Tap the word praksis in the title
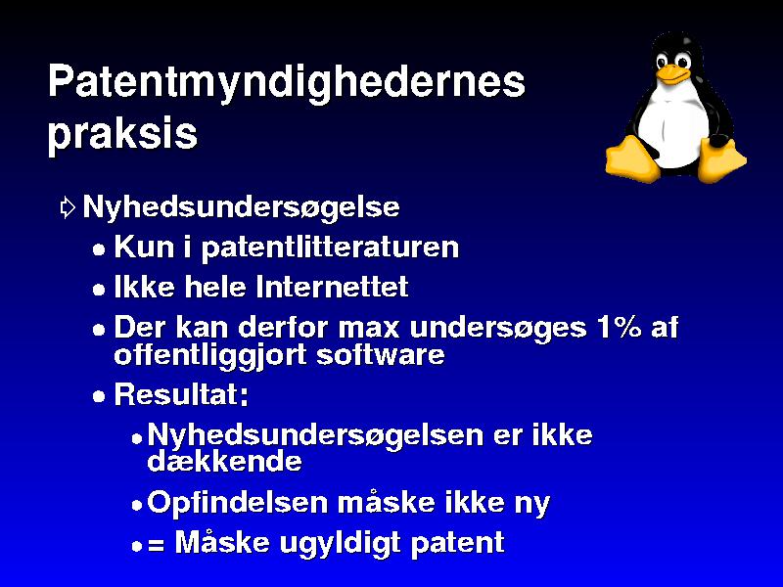[123, 134]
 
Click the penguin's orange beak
[670, 75]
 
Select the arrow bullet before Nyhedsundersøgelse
[68, 207]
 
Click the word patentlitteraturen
[330, 248]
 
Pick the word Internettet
[332, 287]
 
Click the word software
[381, 355]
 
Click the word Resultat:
[181, 394]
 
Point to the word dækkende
[224, 461]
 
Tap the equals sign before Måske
[156, 545]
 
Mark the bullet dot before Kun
[99, 249]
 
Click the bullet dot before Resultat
[99, 397]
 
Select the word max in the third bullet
[369, 329]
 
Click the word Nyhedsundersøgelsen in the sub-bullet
[315, 435]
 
